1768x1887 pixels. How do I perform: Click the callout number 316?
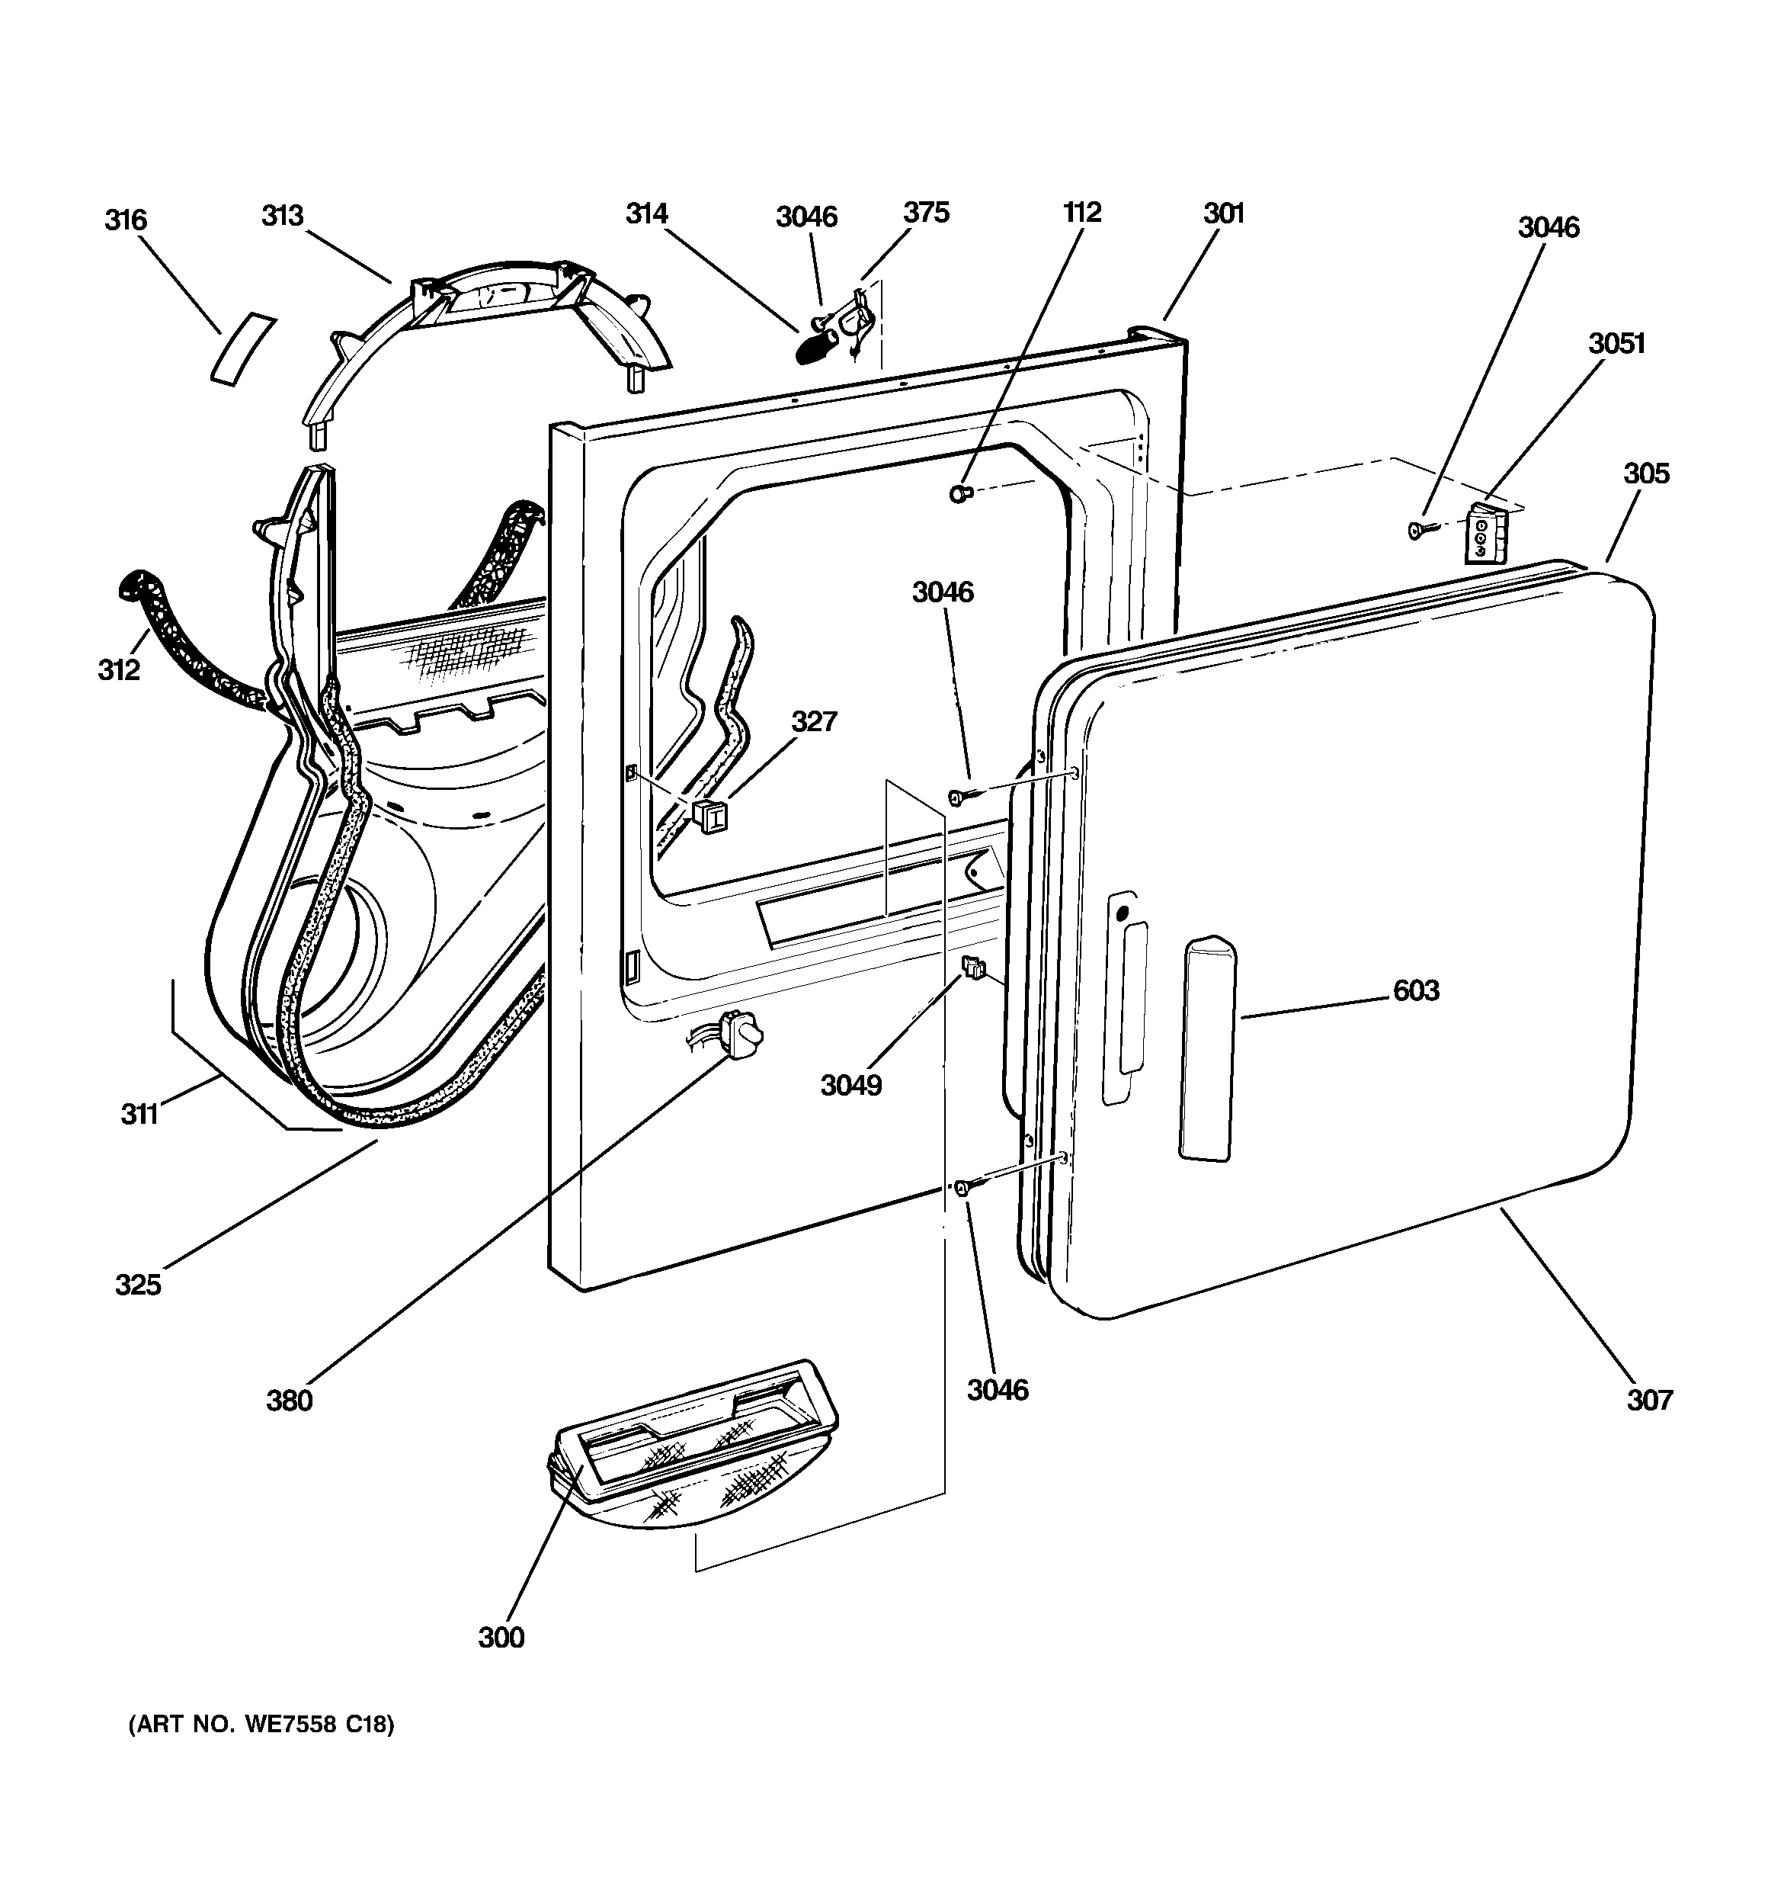tap(125, 220)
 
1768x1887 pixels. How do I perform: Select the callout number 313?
tap(282, 216)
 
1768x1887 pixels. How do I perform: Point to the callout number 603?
tap(1416, 990)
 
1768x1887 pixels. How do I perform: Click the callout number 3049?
tap(851, 1084)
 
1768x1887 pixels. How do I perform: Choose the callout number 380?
tap(289, 1400)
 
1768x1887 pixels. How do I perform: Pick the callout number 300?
tap(501, 1636)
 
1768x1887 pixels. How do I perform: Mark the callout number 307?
tap(1649, 1399)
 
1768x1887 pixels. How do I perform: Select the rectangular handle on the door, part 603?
tap(1207, 1048)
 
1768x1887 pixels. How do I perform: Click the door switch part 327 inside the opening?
tap(709, 815)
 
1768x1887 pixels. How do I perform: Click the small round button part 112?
tap(959, 493)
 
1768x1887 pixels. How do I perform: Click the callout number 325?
tap(138, 1284)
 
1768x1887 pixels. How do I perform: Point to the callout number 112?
tap(1082, 212)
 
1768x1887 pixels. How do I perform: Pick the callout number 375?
tap(925, 212)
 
